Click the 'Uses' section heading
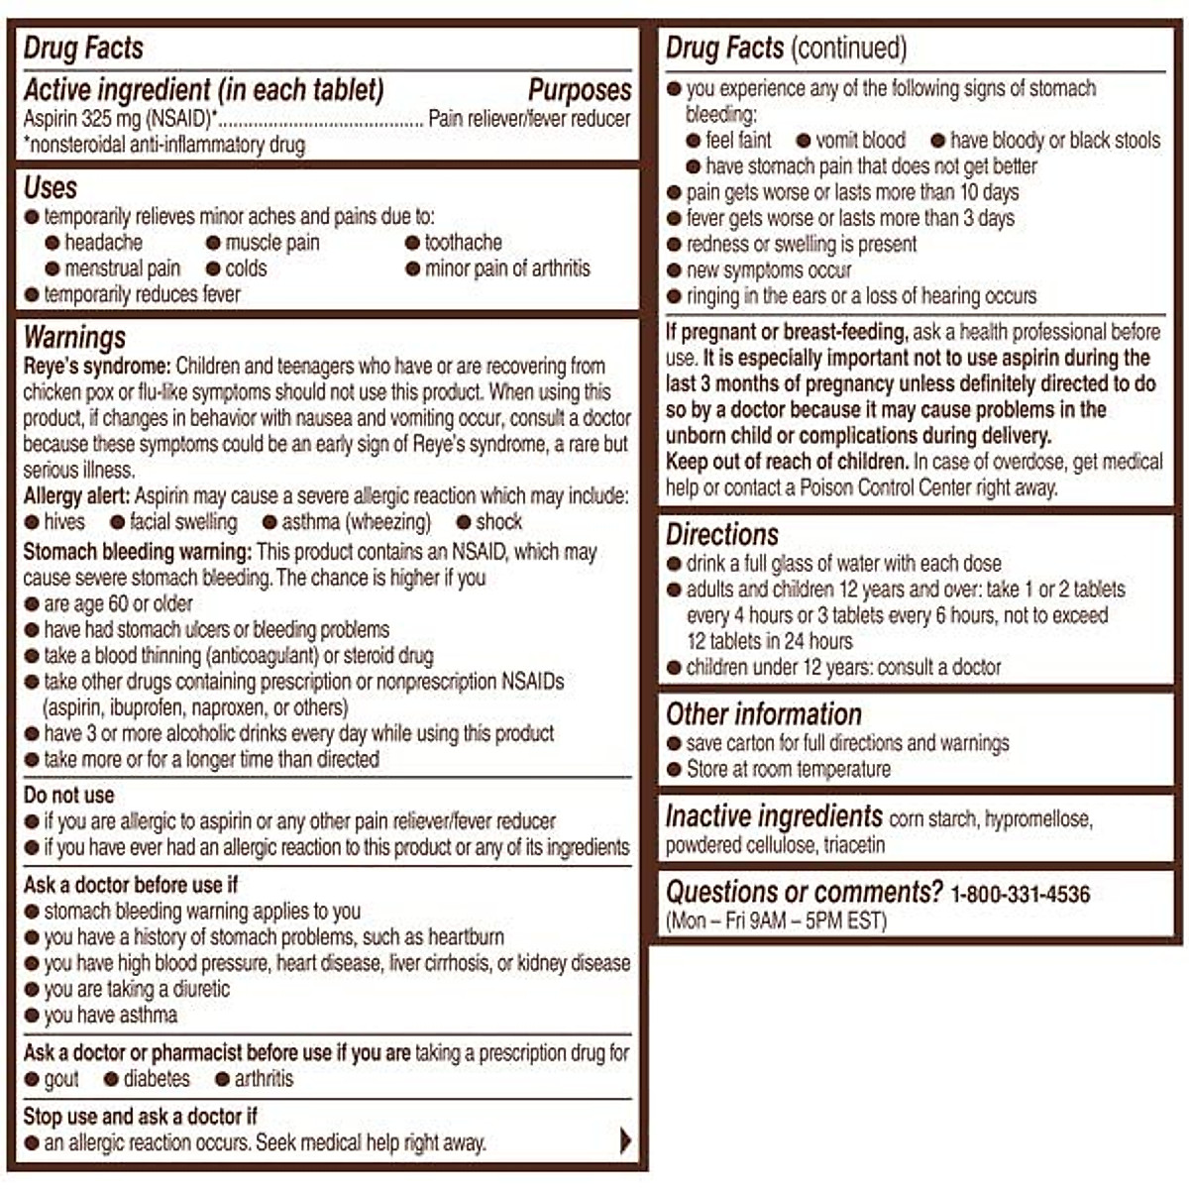[x=51, y=188]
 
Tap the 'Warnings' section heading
[x=74, y=338]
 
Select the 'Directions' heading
[x=722, y=535]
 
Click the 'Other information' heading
[x=763, y=714]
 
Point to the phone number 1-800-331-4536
[x=1020, y=895]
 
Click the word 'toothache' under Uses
[x=463, y=243]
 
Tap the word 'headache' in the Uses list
[x=103, y=243]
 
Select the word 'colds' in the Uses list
[x=246, y=269]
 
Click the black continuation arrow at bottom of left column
[x=624, y=1140]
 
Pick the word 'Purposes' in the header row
[x=579, y=90]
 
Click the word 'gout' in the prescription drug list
[x=61, y=1079]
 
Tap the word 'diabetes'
[x=157, y=1079]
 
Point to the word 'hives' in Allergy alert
[x=64, y=522]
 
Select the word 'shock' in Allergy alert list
[x=498, y=522]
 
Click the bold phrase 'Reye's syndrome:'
[x=97, y=367]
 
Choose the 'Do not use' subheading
[x=68, y=796]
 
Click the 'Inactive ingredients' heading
[x=773, y=817]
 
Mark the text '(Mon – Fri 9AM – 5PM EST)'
[x=776, y=920]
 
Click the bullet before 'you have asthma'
[x=32, y=1016]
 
